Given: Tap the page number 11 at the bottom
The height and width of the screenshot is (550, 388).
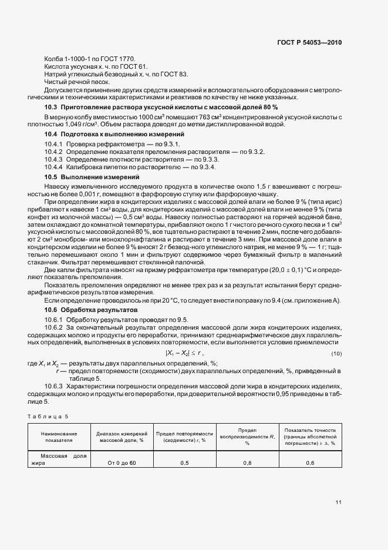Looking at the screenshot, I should [338, 502].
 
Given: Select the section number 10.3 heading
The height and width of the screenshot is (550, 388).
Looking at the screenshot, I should [52, 108].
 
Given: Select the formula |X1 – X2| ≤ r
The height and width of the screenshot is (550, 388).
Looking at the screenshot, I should [184, 353].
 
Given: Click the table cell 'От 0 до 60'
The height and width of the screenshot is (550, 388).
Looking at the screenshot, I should [122, 463].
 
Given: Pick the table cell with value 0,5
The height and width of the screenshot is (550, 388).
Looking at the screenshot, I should [184, 463].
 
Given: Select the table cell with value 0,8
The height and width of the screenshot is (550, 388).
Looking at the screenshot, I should [247, 463].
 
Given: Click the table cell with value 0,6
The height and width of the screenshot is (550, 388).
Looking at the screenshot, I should [309, 463].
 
